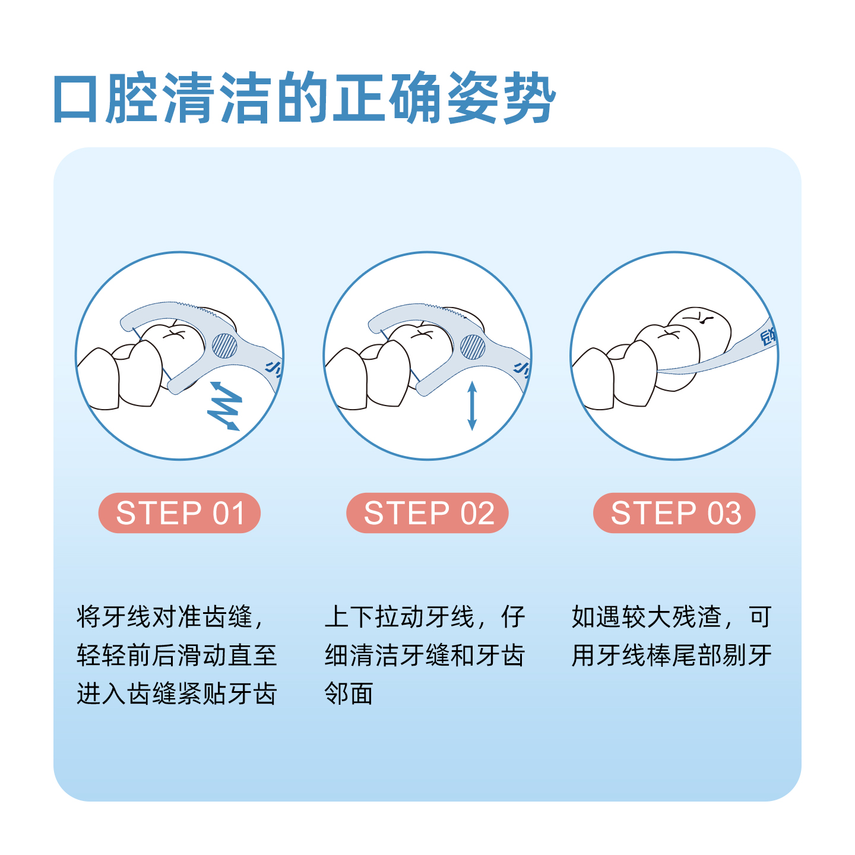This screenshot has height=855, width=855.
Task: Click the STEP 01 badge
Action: point(179,513)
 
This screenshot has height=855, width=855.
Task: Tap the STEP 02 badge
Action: point(427,513)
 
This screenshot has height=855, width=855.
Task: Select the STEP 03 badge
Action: point(674,513)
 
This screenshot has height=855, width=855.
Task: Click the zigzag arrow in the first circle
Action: point(224,406)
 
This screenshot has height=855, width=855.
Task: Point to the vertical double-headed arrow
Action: point(472,406)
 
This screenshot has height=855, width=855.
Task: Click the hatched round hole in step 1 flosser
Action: point(224,346)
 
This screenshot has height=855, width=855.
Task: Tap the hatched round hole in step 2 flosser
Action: point(473,347)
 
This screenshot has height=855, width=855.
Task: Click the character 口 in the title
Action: point(75,99)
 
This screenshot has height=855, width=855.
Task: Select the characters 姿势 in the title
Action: point(501,99)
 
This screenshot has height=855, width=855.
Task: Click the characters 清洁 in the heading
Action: point(216,99)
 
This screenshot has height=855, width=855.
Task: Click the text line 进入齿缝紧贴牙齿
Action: point(177,693)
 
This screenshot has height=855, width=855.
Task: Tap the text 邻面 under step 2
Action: point(349,693)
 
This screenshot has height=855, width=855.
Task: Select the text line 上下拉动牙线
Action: point(399,617)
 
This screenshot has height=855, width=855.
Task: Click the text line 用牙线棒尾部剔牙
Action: point(672,655)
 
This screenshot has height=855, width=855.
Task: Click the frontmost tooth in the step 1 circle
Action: point(99,380)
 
